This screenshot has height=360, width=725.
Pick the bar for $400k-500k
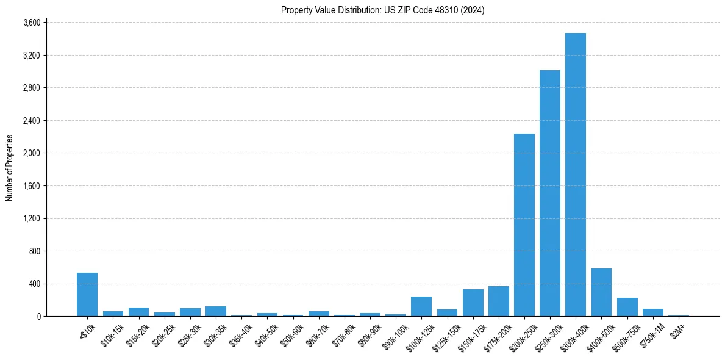[601, 292]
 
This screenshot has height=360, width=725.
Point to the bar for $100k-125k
[421, 306]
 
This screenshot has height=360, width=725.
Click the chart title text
[382, 10]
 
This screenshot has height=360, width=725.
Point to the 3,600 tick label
[31, 23]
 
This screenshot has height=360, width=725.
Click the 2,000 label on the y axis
[31, 153]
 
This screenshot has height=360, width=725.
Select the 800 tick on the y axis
[34, 251]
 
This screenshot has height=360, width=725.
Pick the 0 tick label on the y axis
[38, 317]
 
